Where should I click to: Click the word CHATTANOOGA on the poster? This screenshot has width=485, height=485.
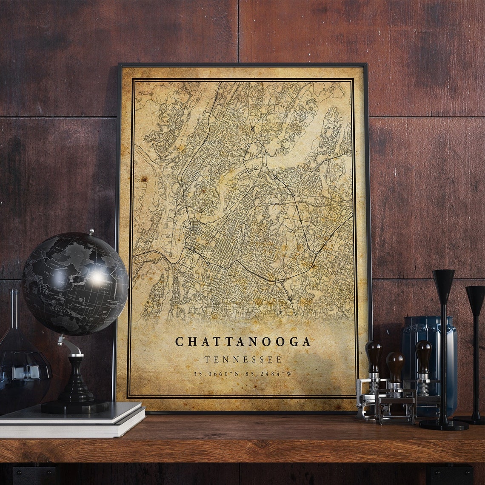243,342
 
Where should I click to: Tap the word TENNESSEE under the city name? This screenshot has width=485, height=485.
243,359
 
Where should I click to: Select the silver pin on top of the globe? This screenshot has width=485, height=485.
91,232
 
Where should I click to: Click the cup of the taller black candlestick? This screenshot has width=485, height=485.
444,283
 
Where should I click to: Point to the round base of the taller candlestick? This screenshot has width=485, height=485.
443,424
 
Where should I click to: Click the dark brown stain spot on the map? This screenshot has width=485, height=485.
143,179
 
